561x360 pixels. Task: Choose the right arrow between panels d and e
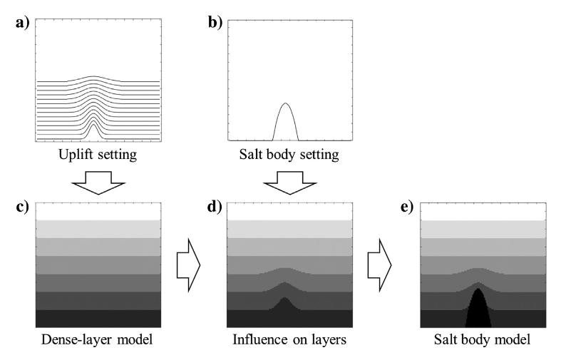380,264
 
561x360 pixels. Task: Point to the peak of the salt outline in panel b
285,104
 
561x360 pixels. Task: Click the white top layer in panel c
98,210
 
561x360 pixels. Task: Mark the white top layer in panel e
483,210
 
